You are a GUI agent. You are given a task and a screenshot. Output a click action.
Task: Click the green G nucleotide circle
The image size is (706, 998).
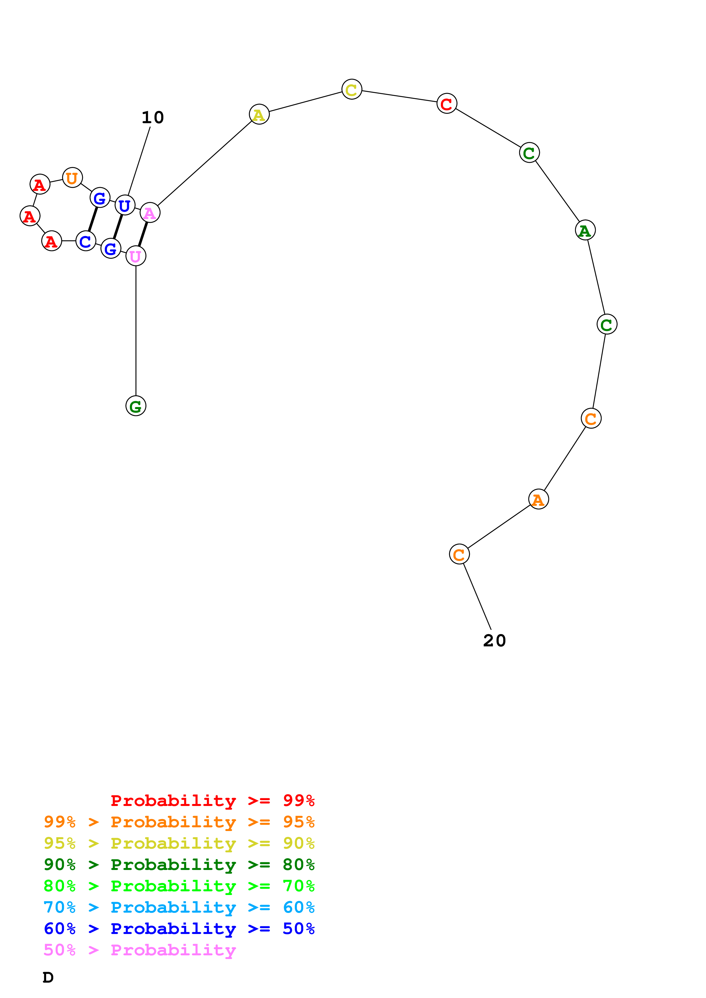[136, 406]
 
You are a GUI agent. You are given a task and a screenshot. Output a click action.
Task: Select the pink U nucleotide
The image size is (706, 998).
[136, 256]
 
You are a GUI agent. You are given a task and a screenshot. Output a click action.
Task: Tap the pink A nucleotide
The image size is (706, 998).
[150, 213]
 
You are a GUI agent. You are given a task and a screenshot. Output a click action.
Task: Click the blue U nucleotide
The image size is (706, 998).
[125, 205]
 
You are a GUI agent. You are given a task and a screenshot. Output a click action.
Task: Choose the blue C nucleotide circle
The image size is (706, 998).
[86, 241]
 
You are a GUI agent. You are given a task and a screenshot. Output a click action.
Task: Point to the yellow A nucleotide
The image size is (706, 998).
[259, 115]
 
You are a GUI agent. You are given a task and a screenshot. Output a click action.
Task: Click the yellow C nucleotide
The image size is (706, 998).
[351, 90]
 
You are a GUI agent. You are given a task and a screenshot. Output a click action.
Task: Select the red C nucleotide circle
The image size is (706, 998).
[447, 104]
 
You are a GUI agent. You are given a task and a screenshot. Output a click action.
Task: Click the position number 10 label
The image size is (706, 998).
[153, 117]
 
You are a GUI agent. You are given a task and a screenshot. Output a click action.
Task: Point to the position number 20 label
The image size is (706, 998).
[495, 640]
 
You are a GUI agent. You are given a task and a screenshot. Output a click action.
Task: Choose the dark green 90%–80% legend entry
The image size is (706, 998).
[179, 865]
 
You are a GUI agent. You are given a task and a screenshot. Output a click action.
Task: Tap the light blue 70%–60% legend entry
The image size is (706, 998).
[179, 907]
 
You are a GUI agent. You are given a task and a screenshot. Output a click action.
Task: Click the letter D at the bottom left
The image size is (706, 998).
[48, 977]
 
